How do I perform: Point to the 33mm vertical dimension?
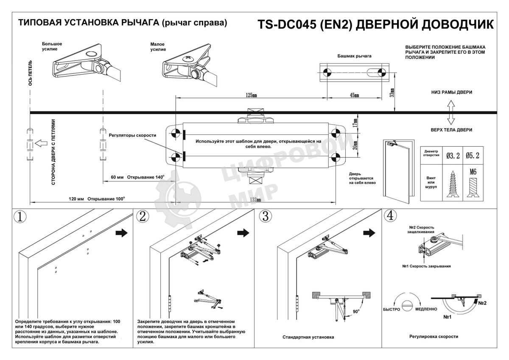pyautogui.click(x=392, y=93)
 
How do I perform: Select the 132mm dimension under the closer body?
pyautogui.click(x=255, y=199)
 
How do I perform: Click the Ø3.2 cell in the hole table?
pyautogui.click(x=453, y=156)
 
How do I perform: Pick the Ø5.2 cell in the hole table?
pyautogui.click(x=473, y=156)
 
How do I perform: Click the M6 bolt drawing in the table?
pyautogui.click(x=473, y=184)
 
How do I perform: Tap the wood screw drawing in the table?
pyautogui.click(x=453, y=184)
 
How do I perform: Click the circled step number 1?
pyautogui.click(x=20, y=217)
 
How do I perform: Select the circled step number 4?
pyautogui.click(x=390, y=216)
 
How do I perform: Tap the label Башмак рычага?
pyautogui.click(x=354, y=56)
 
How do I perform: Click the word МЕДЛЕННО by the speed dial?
pyautogui.click(x=426, y=309)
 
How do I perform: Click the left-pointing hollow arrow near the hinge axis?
pyautogui.click(x=41, y=143)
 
